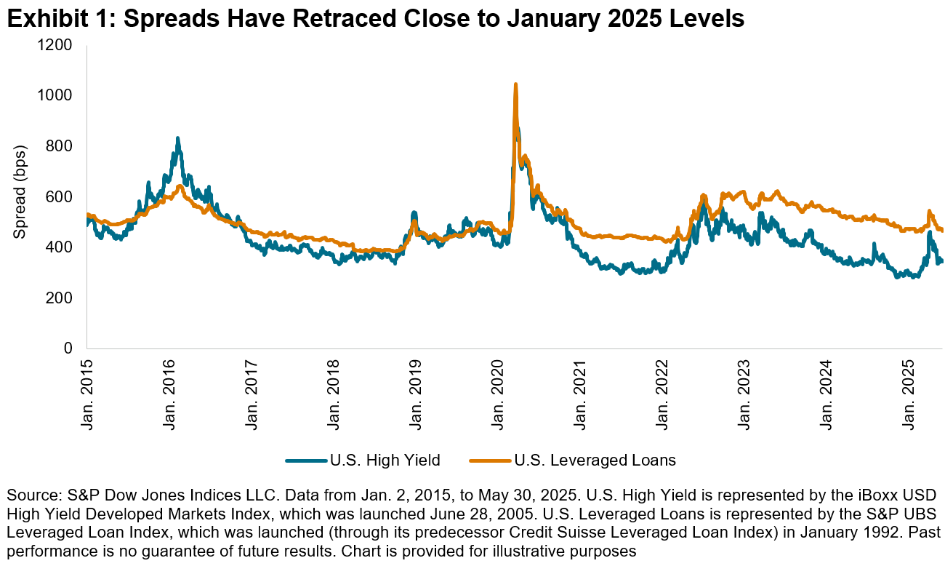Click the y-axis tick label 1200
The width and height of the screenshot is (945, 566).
pos(57,45)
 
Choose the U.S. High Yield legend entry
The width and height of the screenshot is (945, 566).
pos(363,460)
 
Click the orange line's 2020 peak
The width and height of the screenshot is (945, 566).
pos(515,85)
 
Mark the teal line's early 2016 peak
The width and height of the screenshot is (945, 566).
pos(177,138)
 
